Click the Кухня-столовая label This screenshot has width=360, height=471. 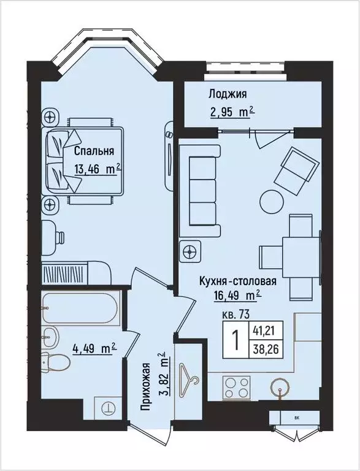(237, 281)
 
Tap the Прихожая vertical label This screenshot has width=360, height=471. (146, 392)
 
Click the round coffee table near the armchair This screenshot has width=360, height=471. (270, 201)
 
